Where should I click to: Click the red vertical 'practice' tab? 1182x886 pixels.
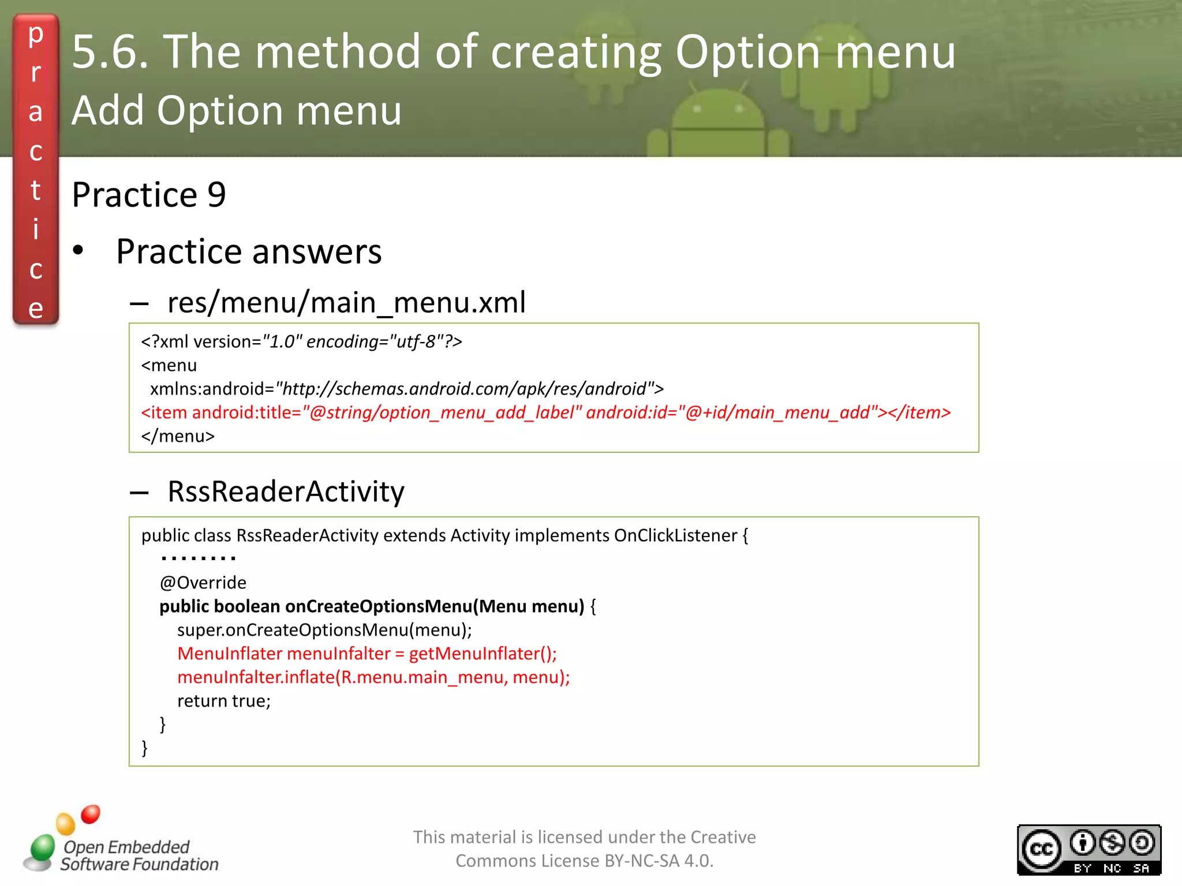click(x=36, y=170)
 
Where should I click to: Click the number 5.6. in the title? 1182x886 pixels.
click(x=110, y=52)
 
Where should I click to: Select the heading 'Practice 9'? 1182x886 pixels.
click(x=149, y=194)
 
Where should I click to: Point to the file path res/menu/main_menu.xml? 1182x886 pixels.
click(x=346, y=302)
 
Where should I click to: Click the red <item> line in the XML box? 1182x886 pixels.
click(x=545, y=412)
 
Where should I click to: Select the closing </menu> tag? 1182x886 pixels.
click(x=178, y=436)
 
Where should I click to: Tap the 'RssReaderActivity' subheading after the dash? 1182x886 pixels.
click(x=286, y=491)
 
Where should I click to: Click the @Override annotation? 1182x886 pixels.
click(x=203, y=583)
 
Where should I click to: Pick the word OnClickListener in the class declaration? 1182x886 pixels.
click(x=675, y=535)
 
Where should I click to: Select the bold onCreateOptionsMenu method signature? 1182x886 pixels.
click(x=372, y=606)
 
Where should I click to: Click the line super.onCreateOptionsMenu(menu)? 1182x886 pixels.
click(x=324, y=630)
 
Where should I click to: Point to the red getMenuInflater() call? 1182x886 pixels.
click(x=482, y=654)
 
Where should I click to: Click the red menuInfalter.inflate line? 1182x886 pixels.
click(x=373, y=677)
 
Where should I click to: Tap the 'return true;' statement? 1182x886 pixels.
click(x=224, y=701)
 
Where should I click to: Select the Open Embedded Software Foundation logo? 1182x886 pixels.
click(x=121, y=842)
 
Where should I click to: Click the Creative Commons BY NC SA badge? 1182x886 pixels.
click(x=1089, y=849)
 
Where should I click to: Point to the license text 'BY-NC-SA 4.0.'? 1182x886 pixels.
click(x=659, y=861)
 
